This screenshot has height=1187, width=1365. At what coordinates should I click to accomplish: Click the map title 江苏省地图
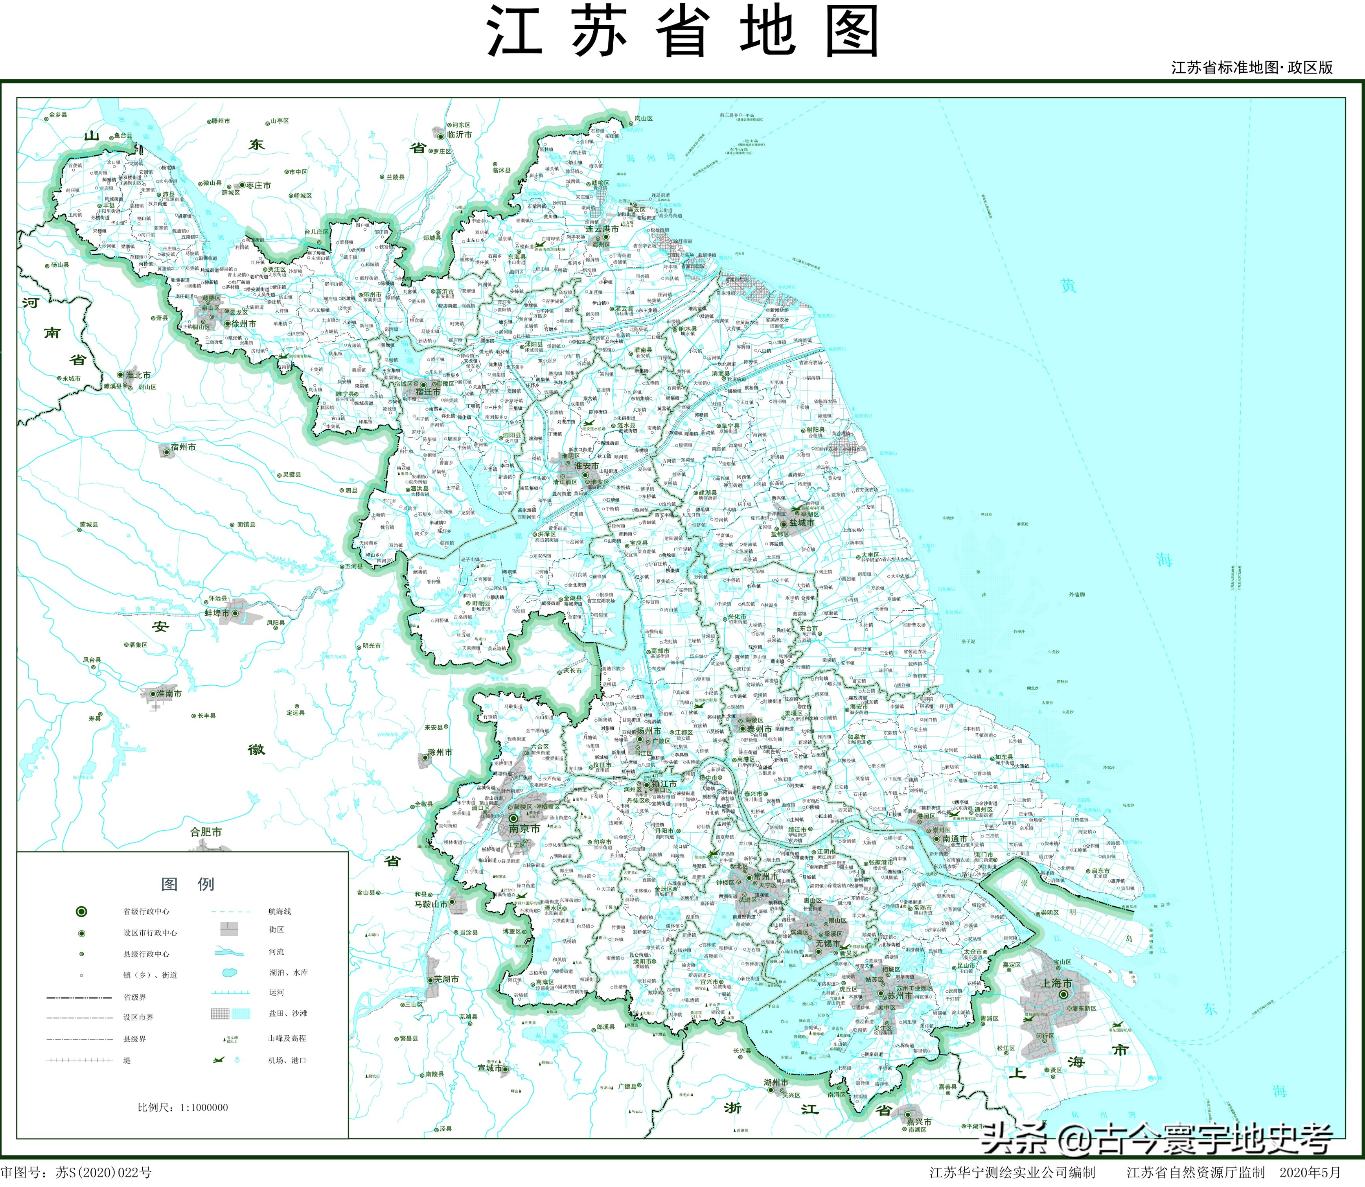click(x=682, y=32)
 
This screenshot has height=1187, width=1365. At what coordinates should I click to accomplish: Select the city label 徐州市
click(x=243, y=324)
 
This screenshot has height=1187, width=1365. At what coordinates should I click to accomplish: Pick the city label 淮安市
click(x=586, y=466)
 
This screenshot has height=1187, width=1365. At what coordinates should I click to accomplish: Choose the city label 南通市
click(x=955, y=839)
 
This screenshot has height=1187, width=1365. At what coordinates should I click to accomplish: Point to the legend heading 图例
click(x=188, y=884)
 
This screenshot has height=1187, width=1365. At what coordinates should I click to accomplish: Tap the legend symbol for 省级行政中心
click(x=81, y=911)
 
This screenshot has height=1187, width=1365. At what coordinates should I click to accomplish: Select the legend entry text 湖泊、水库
click(x=288, y=972)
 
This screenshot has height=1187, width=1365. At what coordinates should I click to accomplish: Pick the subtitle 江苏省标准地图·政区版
click(x=1252, y=68)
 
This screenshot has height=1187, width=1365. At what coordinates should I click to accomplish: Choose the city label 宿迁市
click(x=427, y=392)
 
